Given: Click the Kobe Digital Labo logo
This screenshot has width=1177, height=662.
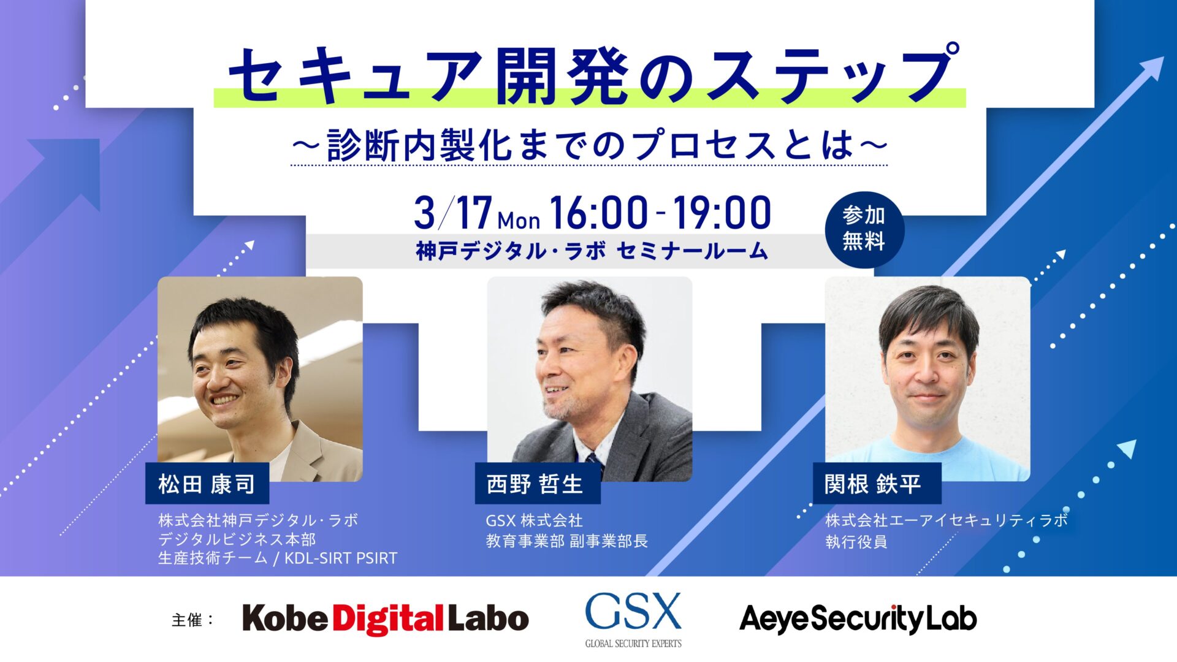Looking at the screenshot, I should point(386,618).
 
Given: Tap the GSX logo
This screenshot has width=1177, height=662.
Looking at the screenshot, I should point(633,617).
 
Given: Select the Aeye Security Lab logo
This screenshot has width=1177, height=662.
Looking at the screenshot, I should point(858,618).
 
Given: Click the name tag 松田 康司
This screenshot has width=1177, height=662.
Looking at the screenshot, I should point(207,484).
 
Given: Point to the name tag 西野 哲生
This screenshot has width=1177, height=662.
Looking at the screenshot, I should point(535,484).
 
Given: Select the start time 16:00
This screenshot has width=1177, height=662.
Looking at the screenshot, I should point(598,213).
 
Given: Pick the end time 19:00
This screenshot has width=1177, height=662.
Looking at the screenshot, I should point(722,213).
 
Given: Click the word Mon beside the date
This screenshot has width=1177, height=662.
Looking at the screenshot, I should point(519,220).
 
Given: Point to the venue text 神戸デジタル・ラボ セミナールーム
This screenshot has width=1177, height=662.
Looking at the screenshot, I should point(592,251).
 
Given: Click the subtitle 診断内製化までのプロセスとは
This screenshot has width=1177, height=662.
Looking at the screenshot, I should point(588,145).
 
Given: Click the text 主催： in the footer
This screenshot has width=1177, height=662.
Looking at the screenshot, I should point(192,620).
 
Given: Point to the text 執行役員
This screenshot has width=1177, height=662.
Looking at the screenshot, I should point(856,542).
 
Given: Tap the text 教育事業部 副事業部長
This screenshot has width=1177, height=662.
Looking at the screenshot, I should point(566,541).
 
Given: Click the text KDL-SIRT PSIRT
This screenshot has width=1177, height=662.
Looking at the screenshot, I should point(341,558).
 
